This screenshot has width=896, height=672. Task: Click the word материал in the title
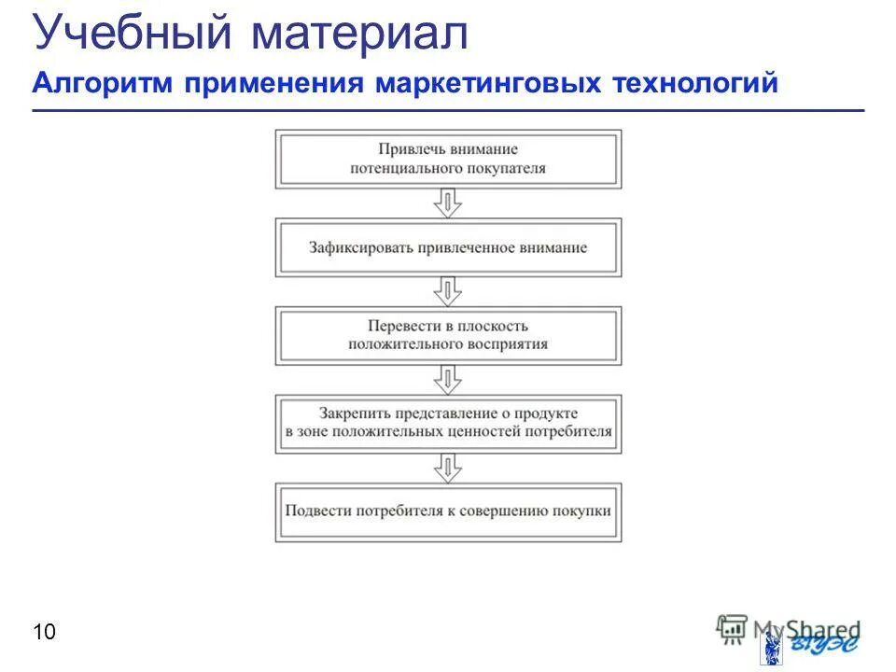(x=358, y=34)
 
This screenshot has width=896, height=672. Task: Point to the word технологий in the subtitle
(x=694, y=84)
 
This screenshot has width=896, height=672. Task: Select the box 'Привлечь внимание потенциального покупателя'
(x=448, y=160)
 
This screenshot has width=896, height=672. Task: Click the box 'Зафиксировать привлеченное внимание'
(x=448, y=248)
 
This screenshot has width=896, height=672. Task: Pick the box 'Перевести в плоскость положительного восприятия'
(x=448, y=335)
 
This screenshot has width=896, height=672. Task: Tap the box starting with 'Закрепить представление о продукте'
(x=448, y=423)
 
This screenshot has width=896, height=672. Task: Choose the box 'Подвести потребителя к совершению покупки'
(x=448, y=511)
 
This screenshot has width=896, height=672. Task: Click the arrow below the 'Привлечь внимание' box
(x=449, y=203)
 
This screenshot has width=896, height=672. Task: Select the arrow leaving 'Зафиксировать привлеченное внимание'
(x=449, y=291)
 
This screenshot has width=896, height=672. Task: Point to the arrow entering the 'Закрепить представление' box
(x=449, y=379)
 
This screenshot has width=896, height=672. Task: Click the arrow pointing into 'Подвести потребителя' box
(x=449, y=467)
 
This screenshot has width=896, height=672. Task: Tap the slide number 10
(x=44, y=633)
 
